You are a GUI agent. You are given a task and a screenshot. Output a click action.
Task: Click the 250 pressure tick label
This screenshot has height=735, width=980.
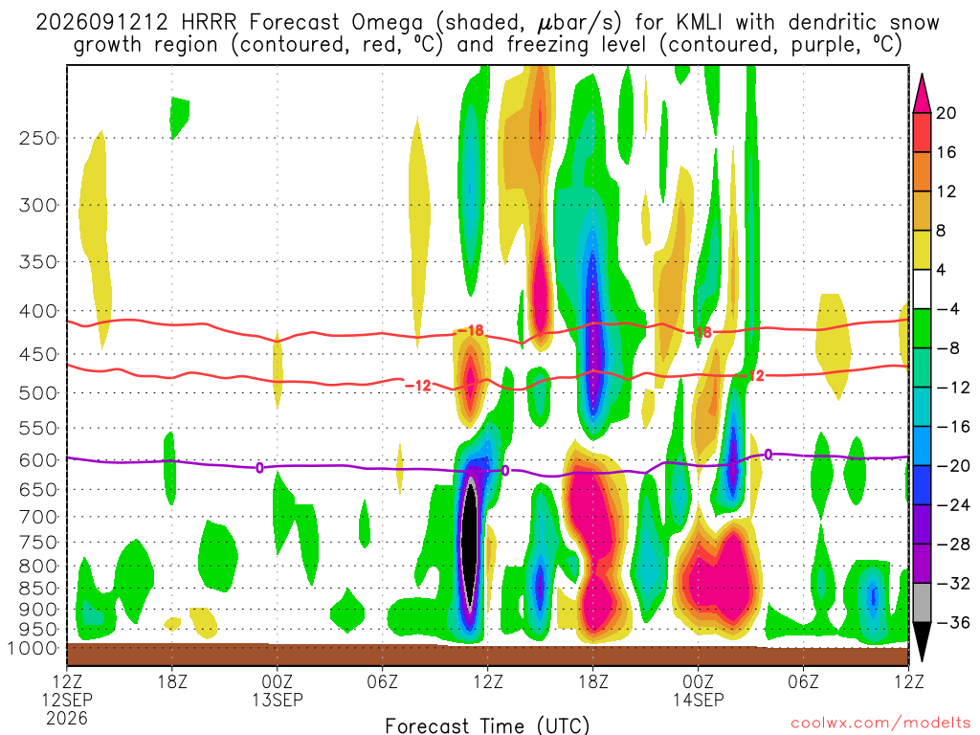pos(38,138)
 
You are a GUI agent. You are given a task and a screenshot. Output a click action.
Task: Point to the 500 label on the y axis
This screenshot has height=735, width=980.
pos(38,393)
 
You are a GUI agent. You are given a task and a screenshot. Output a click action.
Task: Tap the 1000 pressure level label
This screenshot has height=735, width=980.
pos(33,649)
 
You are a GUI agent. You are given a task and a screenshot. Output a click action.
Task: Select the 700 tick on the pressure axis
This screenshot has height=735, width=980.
pos(38,517)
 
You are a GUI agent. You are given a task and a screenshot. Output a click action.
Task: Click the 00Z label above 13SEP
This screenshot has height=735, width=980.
pos(277,681)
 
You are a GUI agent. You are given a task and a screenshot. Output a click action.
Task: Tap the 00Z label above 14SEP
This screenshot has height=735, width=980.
pos(698,681)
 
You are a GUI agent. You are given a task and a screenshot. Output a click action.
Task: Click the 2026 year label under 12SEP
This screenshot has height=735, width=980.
pos(67,718)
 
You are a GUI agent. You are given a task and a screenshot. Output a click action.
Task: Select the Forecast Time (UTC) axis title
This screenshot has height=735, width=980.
pos(487,725)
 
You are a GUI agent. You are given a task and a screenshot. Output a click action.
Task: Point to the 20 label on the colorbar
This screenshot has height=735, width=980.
pos(946,113)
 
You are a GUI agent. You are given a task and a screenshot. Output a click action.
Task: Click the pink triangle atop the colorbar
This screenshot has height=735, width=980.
pos(922,94)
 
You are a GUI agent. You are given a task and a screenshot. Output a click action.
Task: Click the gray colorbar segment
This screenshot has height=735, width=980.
pos(922,603)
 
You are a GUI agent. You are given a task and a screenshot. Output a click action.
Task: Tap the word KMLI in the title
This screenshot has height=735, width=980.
pos(699,23)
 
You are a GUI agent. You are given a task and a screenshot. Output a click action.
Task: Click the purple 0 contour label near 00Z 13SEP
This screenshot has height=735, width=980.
pos(259,467)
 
